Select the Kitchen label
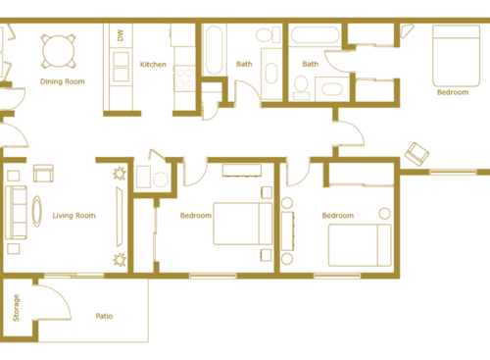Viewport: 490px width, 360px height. tap(153, 65)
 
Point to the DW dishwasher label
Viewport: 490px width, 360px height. tap(120, 35)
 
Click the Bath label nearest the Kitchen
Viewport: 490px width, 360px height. tap(244, 65)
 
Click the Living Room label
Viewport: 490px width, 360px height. tap(73, 216)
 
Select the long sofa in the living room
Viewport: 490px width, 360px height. tap(16, 212)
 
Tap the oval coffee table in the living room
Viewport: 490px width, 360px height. tap(38, 212)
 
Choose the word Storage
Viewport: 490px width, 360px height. tap(16, 308)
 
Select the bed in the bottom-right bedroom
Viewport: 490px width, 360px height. tap(359, 244)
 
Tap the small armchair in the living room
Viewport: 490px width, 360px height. tap(43, 174)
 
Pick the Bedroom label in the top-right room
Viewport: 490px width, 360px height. tap(453, 92)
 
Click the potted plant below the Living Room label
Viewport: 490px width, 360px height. tap(120, 260)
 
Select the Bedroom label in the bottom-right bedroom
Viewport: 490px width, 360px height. tap(338, 216)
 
